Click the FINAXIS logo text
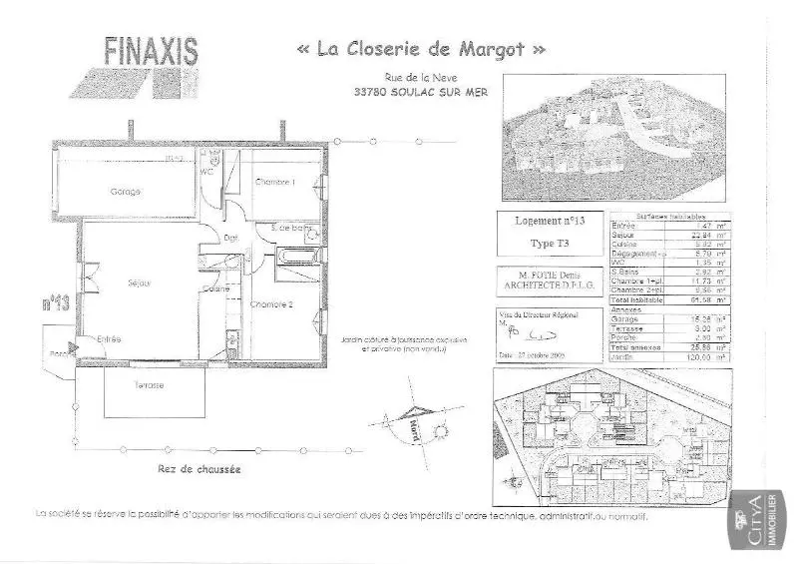point(152,50)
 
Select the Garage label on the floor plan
point(125,191)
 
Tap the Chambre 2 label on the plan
point(271,304)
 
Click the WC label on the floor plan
point(207,172)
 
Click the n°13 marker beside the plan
point(56,303)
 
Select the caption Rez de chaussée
point(199,467)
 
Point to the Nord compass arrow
point(412,423)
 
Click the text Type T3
point(551,244)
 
